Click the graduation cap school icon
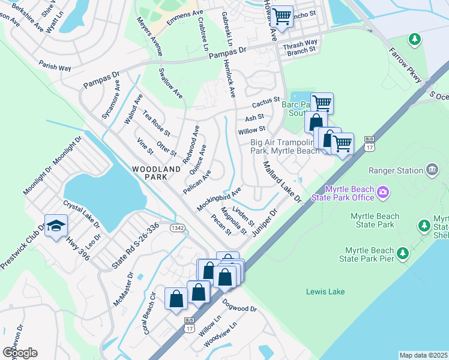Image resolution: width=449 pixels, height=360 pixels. pyautogui.click(x=56, y=226)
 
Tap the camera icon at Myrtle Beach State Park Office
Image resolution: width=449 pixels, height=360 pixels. pyautogui.click(x=382, y=193)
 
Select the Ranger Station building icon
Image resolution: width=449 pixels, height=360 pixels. pyautogui.click(x=432, y=170)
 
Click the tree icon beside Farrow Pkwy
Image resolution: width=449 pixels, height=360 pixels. pyautogui.click(x=414, y=40)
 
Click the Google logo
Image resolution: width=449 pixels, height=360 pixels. pyautogui.click(x=19, y=352)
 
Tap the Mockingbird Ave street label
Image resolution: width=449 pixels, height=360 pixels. pyautogui.click(x=218, y=198)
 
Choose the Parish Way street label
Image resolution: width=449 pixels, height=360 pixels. pyautogui.click(x=55, y=65)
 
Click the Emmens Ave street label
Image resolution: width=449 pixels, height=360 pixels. pyautogui.click(x=184, y=13)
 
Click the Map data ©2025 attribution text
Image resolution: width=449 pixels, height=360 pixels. pyautogui.click(x=423, y=355)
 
